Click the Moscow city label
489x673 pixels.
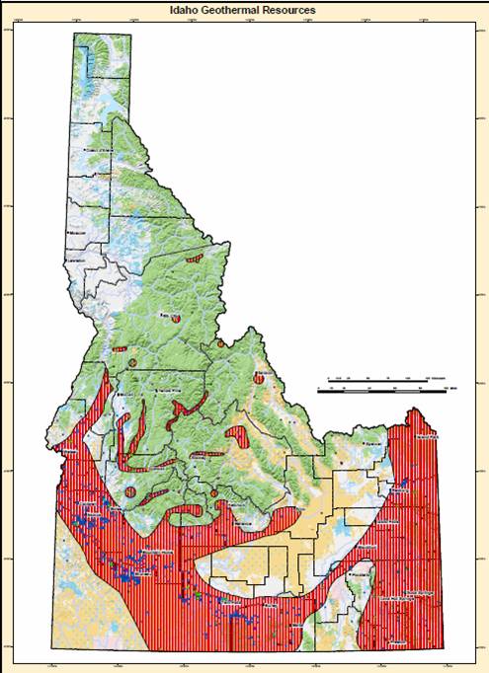click(82, 233)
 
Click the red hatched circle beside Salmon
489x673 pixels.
click(258, 376)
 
